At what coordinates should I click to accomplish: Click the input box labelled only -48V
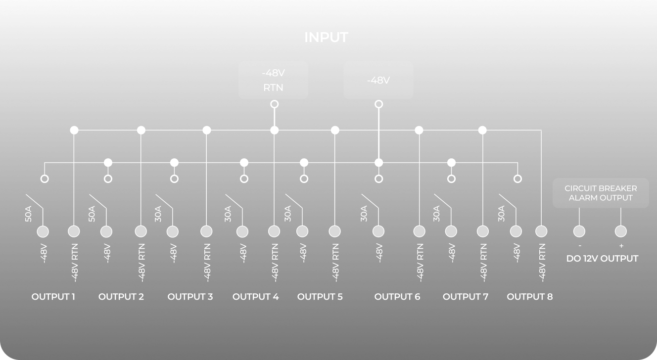pos(378,80)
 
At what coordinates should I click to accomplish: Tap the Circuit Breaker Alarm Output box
pos(601,193)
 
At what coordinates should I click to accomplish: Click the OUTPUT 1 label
pos(53,297)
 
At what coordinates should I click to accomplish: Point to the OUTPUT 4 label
pos(256,297)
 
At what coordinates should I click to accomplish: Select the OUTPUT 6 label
pos(397,297)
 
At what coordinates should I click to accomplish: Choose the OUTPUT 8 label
pos(530,297)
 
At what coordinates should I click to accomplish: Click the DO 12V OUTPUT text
pos(602,259)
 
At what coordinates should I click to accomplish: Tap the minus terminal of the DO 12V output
pos(579,231)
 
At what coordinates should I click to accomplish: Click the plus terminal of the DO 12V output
pos(621,231)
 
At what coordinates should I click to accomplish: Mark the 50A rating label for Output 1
pos(29,214)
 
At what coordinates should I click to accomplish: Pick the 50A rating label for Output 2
pos(92,214)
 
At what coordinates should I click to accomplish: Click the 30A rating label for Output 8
pos(502,214)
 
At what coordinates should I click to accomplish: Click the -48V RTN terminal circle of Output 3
pos(206,231)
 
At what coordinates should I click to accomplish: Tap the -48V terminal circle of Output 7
pos(451,231)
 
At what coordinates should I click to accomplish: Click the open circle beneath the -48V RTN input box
pos(274,104)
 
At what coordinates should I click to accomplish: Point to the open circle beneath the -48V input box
pos(378,104)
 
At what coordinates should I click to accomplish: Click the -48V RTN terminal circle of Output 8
pos(541,231)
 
